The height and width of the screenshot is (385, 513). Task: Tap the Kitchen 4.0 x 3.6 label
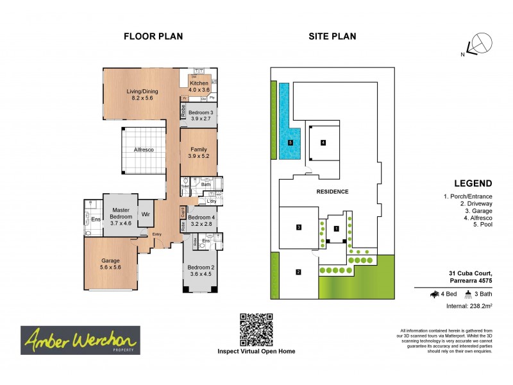tap(199, 87)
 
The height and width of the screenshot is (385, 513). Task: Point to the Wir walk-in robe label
tap(146, 214)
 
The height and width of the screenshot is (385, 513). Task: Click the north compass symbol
tap(478, 45)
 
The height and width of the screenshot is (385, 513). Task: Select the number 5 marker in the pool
tap(290, 142)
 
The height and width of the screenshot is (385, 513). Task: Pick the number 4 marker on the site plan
tap(323, 142)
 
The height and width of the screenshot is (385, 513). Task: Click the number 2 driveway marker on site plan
tap(298, 272)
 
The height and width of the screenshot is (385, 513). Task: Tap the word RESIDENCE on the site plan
tap(332, 191)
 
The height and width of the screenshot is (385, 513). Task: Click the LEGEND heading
tap(473, 183)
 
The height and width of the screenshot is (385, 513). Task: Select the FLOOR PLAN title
tap(153, 37)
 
